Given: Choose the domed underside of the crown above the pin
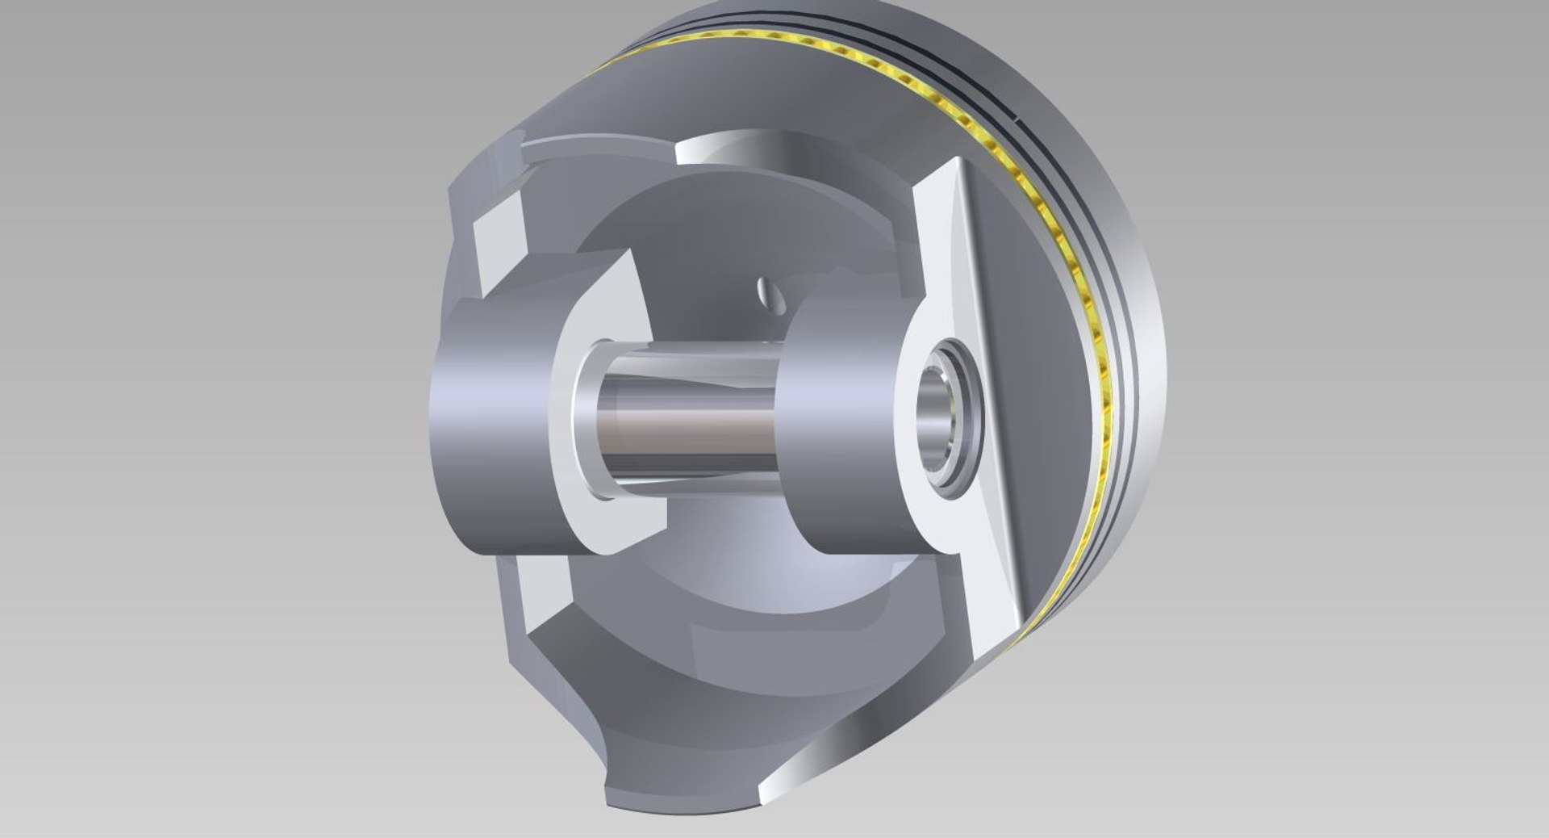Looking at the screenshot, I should click(x=710, y=234).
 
